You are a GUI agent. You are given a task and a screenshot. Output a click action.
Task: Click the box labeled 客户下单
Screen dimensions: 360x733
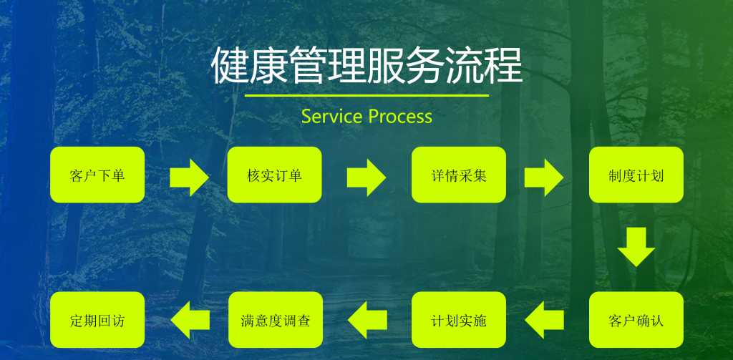coord(97,175)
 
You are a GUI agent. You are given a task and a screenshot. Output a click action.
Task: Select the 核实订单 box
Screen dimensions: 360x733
coord(274,175)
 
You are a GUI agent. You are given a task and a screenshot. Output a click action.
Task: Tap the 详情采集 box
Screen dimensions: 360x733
coord(459,175)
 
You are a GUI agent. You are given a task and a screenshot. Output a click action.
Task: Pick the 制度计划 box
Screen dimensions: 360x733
coord(636,175)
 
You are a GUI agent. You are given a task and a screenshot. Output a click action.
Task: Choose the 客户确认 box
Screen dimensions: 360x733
coord(636,320)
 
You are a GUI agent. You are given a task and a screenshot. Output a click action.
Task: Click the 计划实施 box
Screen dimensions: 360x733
coord(459,320)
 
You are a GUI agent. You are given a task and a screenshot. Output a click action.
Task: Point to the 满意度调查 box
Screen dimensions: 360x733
coord(274,320)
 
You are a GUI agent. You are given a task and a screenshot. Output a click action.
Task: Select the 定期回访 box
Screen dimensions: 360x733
coord(97,320)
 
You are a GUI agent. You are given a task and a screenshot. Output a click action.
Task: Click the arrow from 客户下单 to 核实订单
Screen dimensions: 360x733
coord(189,176)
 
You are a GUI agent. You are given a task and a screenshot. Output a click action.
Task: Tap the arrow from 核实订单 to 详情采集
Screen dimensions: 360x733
coord(366,176)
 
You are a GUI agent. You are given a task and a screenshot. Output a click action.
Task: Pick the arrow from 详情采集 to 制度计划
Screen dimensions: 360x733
coord(543,176)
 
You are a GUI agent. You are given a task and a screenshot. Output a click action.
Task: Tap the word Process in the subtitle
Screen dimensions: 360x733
coord(400,116)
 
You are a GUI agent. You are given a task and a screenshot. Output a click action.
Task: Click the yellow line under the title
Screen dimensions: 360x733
coord(366,95)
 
